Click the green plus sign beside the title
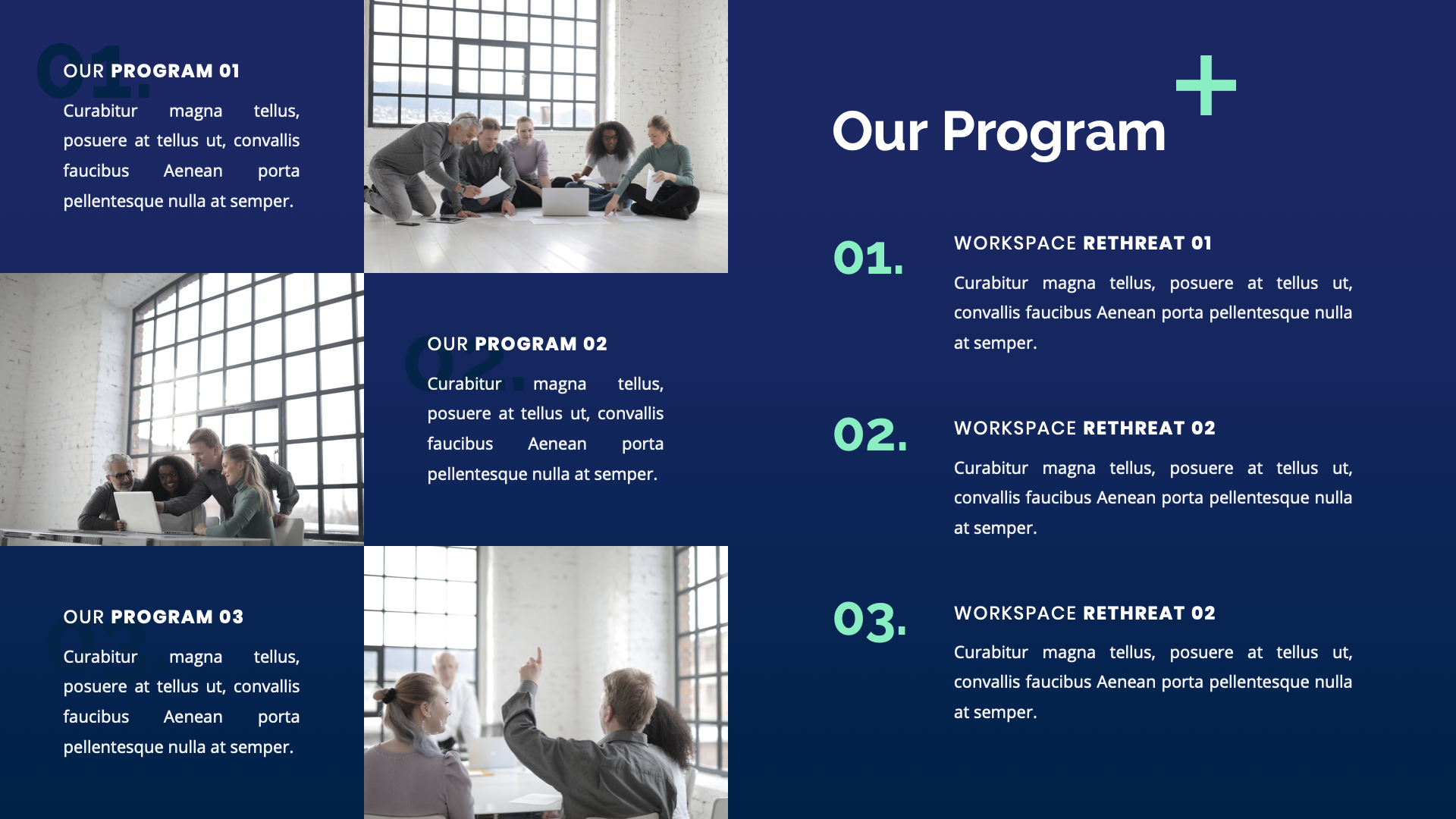(1206, 86)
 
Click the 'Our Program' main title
(999, 132)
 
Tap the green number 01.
(868, 258)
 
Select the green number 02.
(870, 435)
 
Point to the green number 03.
(870, 620)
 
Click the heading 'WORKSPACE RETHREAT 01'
(1082, 243)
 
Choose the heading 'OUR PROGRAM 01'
(152, 71)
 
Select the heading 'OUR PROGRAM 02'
(517, 344)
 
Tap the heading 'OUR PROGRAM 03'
(153, 617)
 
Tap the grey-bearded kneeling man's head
(464, 132)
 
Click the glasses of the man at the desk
(121, 476)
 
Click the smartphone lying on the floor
(407, 223)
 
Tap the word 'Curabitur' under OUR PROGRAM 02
(464, 384)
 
